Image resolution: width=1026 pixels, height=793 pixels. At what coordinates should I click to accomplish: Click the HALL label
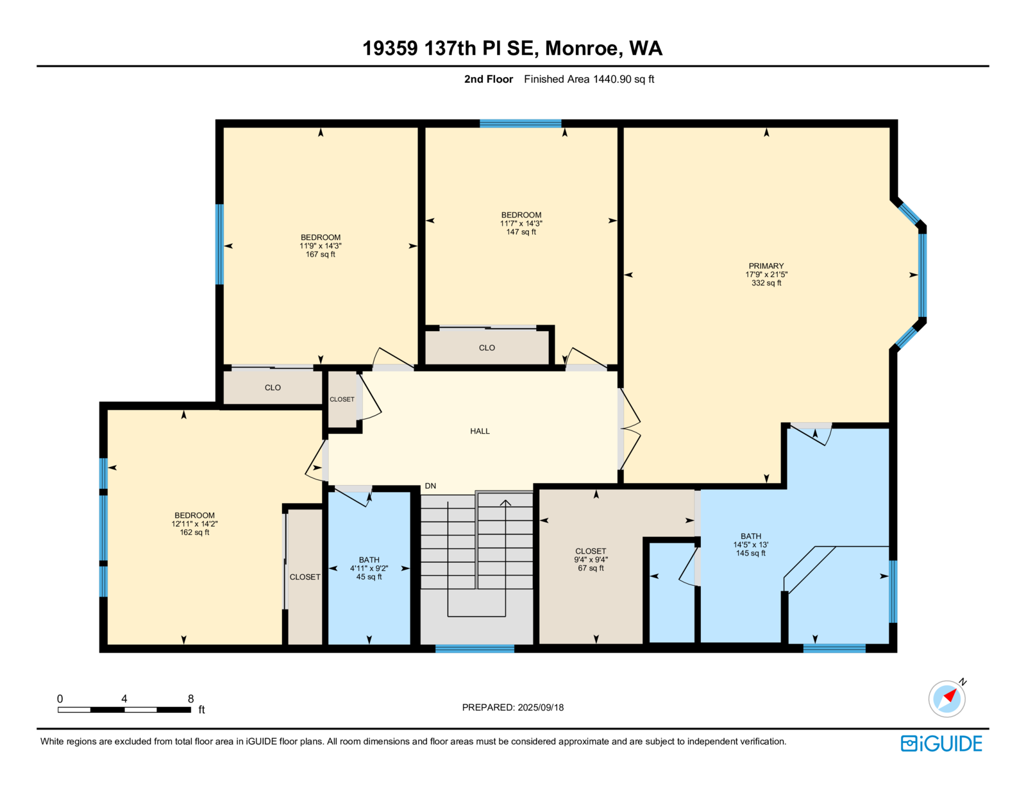(x=480, y=431)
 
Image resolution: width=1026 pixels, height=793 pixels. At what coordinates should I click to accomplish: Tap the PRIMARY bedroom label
(x=766, y=266)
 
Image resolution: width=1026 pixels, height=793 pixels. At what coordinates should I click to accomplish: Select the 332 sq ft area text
(x=766, y=283)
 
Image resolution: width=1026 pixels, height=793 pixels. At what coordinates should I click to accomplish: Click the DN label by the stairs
(x=430, y=486)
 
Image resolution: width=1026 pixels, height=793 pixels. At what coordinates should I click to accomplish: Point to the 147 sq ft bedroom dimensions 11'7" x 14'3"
(x=521, y=223)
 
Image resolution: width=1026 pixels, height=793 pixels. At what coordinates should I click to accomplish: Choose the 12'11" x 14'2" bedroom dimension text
(x=194, y=524)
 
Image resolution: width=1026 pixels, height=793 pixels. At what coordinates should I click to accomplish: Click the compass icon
(x=946, y=699)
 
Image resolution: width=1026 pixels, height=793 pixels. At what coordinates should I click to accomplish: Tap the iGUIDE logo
(x=941, y=744)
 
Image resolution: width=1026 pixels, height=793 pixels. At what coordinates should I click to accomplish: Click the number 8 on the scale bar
(x=190, y=699)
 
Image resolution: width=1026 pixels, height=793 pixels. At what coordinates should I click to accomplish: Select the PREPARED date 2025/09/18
(x=541, y=708)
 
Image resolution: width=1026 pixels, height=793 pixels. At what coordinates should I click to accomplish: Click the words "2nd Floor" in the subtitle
(x=488, y=80)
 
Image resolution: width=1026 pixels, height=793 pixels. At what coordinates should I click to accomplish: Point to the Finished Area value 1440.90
(x=612, y=80)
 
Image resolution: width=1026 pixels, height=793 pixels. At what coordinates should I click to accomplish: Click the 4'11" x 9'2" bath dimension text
(x=369, y=568)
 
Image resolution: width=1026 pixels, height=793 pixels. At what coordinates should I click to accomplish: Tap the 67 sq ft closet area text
(x=591, y=568)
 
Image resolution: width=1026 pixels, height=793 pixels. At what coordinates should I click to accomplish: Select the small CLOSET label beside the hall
(x=342, y=400)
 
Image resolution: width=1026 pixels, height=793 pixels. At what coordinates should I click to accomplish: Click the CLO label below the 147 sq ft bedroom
(x=487, y=348)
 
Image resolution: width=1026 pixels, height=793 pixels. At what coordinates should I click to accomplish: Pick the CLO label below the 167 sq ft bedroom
(x=273, y=388)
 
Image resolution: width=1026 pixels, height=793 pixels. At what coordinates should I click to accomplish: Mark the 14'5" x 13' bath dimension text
(x=751, y=545)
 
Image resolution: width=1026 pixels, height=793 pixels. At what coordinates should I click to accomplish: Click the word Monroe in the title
(x=584, y=48)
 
